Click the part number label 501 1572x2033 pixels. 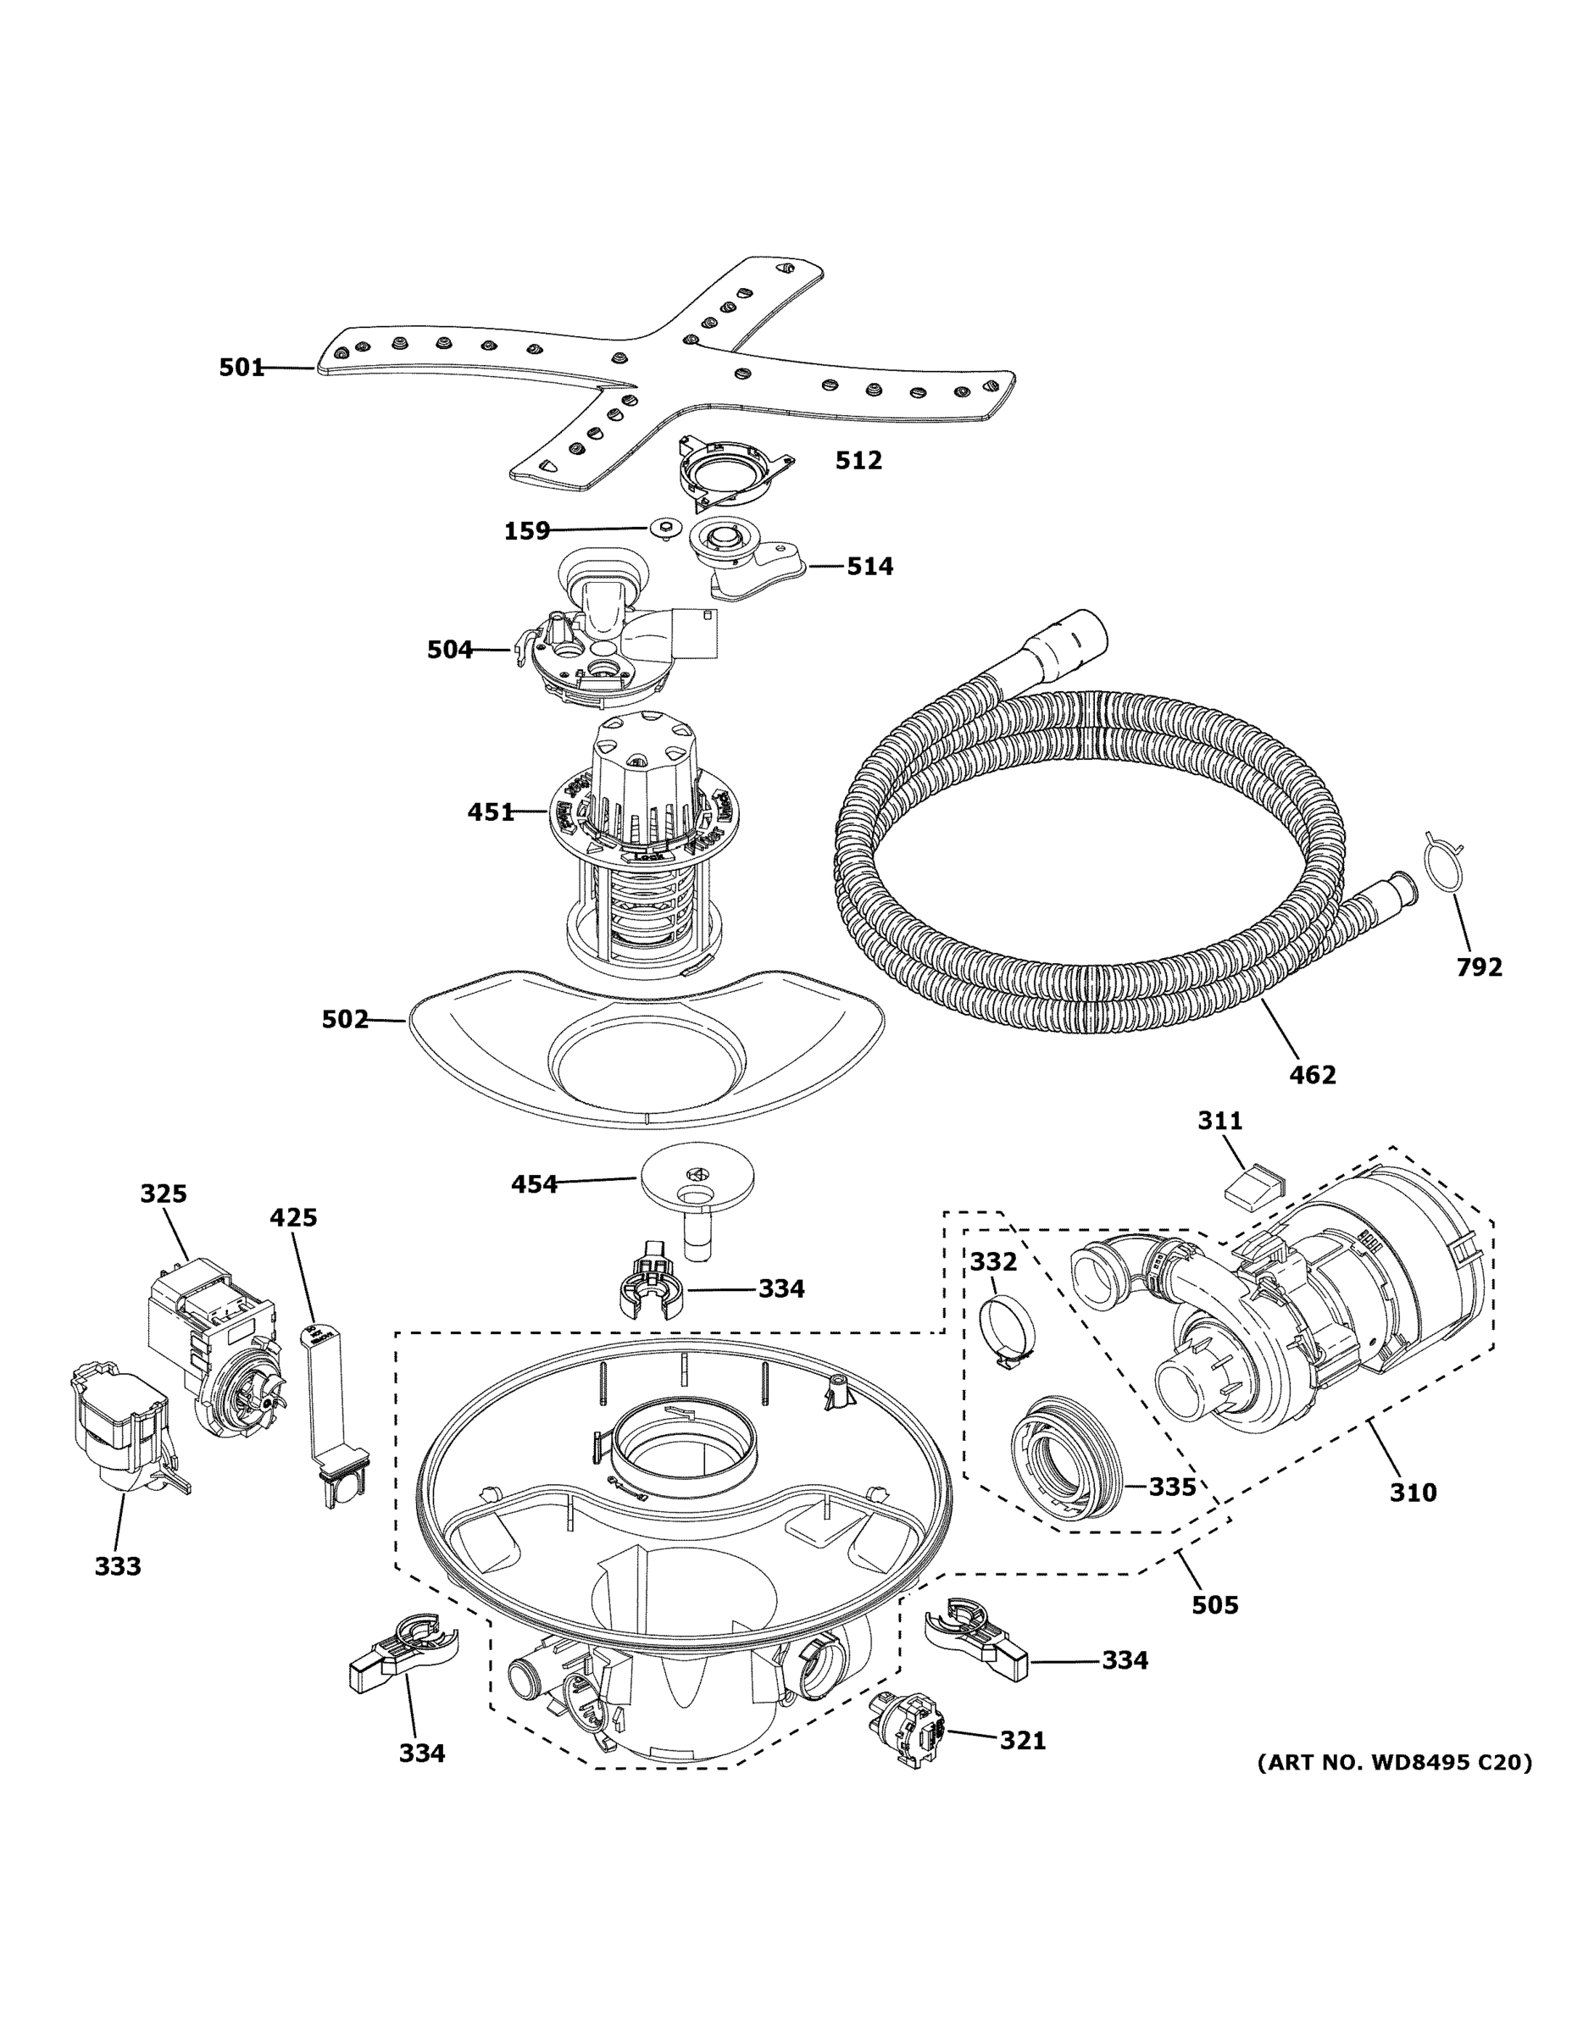click(242, 368)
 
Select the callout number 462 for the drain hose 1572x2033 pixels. click(1311, 1074)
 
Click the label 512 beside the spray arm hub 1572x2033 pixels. click(858, 460)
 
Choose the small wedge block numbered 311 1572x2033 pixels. click(1253, 1187)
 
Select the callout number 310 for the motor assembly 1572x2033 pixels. click(1413, 1493)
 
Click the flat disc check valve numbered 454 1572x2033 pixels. click(697, 1177)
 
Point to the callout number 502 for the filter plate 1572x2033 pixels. click(345, 1019)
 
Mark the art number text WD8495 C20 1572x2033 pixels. click(1393, 1762)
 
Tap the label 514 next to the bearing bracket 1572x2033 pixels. click(869, 566)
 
